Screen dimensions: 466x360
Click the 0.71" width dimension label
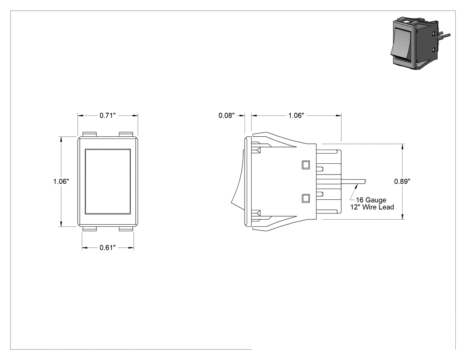pyautogui.click(x=107, y=115)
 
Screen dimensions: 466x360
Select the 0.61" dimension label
pyautogui.click(x=107, y=248)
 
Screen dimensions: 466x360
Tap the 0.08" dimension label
pyautogui.click(x=226, y=115)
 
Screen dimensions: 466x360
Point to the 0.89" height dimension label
pyautogui.click(x=402, y=182)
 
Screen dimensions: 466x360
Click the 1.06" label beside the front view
pyautogui.click(x=61, y=182)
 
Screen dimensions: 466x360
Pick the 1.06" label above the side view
pyautogui.click(x=296, y=115)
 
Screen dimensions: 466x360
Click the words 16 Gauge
pyautogui.click(x=371, y=200)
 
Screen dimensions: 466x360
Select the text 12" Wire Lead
pyautogui.click(x=372, y=207)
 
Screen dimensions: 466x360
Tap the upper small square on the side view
pyautogui.click(x=305, y=165)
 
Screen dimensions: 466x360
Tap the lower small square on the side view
pyautogui.click(x=305, y=198)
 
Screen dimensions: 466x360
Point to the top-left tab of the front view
pyautogui.click(x=90, y=135)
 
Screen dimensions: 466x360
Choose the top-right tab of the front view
pyautogui.click(x=126, y=135)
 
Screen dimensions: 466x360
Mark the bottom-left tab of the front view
pyautogui.click(x=90, y=229)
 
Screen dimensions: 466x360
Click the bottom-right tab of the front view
pyautogui.click(x=126, y=229)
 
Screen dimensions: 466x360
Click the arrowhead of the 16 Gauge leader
pyautogui.click(x=357, y=186)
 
